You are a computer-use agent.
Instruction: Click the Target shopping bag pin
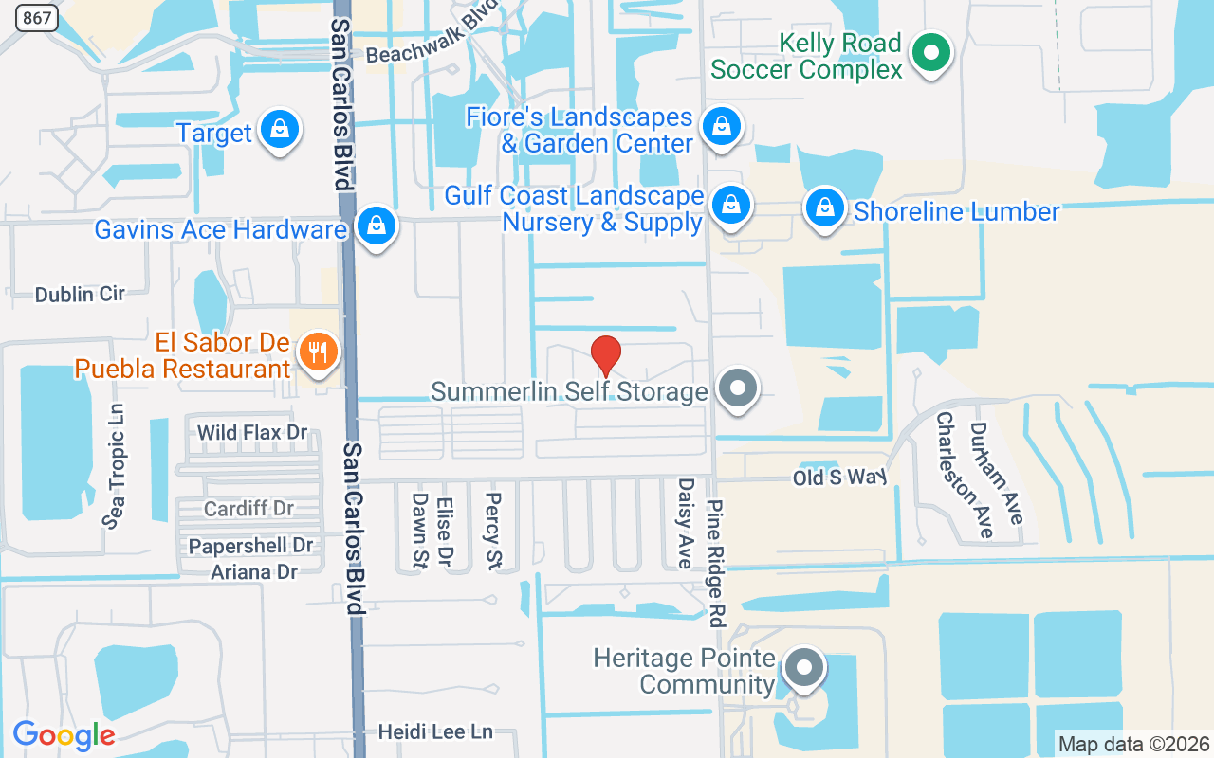coord(280,130)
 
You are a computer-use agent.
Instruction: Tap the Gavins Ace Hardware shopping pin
coord(377,226)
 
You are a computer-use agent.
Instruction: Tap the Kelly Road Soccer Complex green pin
coord(931,53)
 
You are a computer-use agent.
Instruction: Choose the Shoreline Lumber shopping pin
coord(825,208)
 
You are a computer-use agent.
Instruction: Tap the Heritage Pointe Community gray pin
coord(804,667)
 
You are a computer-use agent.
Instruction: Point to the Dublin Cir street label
coord(80,294)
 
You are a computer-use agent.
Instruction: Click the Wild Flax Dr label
coord(252,433)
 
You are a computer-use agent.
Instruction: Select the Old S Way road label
coord(839,478)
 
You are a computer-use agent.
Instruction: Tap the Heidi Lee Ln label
coord(435,731)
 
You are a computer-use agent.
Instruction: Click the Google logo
coord(64,735)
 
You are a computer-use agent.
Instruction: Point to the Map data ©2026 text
coord(1134,744)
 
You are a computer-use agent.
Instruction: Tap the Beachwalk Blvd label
coord(432,43)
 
